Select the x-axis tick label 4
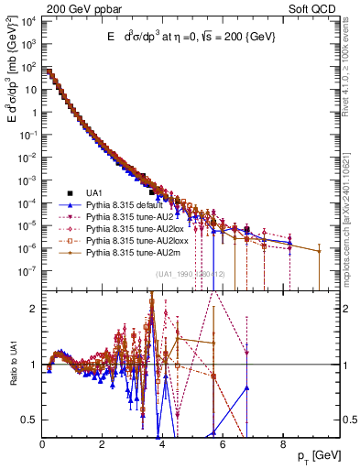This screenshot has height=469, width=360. click(x=162, y=444)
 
